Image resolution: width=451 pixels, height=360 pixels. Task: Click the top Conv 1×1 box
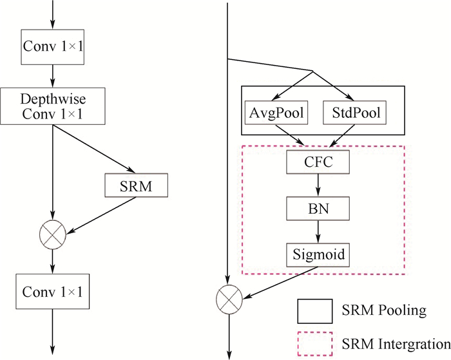point(53,47)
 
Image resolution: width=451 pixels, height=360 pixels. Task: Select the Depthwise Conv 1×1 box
point(53,107)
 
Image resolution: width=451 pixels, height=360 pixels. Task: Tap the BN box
point(318,208)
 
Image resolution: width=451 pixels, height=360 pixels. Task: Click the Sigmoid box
point(318,255)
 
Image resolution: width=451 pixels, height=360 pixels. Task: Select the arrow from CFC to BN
point(318,185)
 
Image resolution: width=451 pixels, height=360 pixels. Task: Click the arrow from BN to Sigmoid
point(318,231)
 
